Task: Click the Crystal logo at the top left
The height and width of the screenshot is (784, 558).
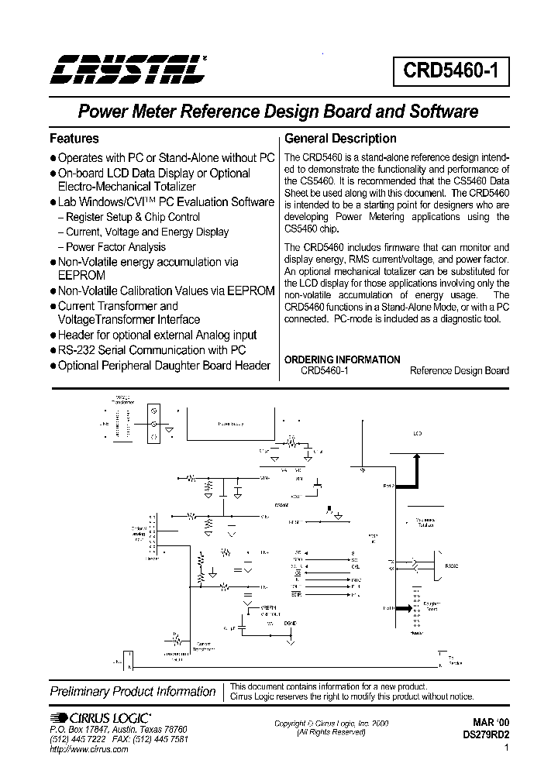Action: point(126,68)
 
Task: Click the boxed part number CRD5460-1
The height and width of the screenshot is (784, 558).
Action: point(455,72)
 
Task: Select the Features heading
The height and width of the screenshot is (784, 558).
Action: point(74,139)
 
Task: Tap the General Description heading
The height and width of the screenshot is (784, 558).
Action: point(340,139)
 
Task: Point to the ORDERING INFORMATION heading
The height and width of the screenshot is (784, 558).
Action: point(343,359)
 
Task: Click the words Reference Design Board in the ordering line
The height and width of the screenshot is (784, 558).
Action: point(459,370)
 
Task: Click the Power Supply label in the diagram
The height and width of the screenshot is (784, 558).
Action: point(230,425)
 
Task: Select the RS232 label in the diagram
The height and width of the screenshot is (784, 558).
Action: point(451,565)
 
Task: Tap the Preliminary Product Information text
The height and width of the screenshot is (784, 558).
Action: point(133,691)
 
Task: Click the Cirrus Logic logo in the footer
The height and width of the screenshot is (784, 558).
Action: point(101,717)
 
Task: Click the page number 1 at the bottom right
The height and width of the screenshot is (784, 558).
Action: point(506,748)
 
